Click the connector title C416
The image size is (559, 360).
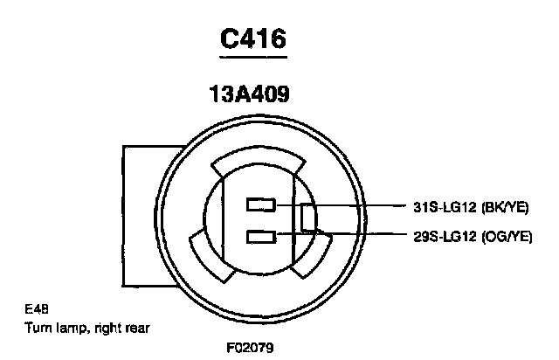coord(253,38)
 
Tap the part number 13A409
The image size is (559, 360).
coord(249,93)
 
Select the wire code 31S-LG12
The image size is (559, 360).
coord(445,207)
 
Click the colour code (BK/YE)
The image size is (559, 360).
coord(505,207)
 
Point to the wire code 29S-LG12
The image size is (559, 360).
coord(445,237)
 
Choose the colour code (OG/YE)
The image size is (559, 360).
coord(507,237)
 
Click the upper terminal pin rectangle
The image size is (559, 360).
coord(261,204)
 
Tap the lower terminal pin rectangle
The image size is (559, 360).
coord(261,237)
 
